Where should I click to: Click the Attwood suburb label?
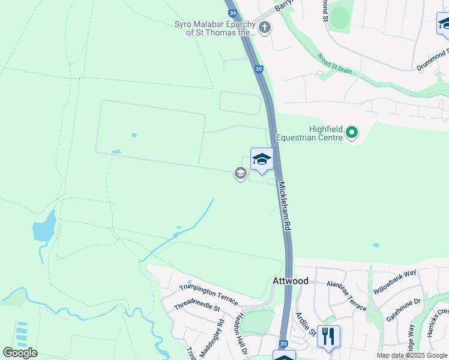tap(291, 281)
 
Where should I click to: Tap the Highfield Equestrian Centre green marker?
tap(352, 133)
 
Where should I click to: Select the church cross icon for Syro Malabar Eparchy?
tap(265, 27)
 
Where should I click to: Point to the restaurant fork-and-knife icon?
tap(328, 335)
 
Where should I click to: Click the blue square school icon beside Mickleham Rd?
tap(261, 160)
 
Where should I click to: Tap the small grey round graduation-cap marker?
tap(240, 174)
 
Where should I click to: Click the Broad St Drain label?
tap(335, 67)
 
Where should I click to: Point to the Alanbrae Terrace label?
tap(346, 296)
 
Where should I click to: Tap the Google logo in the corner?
tap(20, 353)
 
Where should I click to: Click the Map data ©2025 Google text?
tap(412, 356)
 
